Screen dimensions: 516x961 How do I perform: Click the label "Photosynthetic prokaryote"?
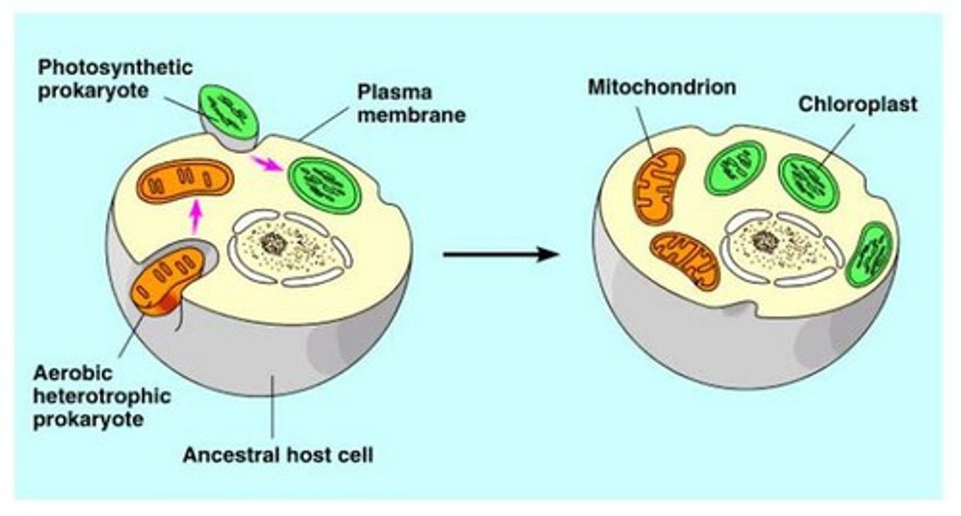click(115, 78)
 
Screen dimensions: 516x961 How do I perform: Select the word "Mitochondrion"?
click(661, 87)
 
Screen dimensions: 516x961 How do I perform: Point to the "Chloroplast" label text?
click(858, 104)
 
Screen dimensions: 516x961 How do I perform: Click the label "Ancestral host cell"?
click(278, 456)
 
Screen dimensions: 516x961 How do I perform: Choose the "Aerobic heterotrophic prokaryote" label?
click(101, 396)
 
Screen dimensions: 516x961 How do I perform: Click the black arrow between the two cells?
click(501, 254)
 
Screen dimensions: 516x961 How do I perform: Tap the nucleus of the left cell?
click(290, 247)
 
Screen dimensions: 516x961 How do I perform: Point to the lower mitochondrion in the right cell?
click(685, 260)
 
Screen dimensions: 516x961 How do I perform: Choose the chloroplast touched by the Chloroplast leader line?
click(808, 182)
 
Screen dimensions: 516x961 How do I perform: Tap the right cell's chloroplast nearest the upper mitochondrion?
click(735, 167)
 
